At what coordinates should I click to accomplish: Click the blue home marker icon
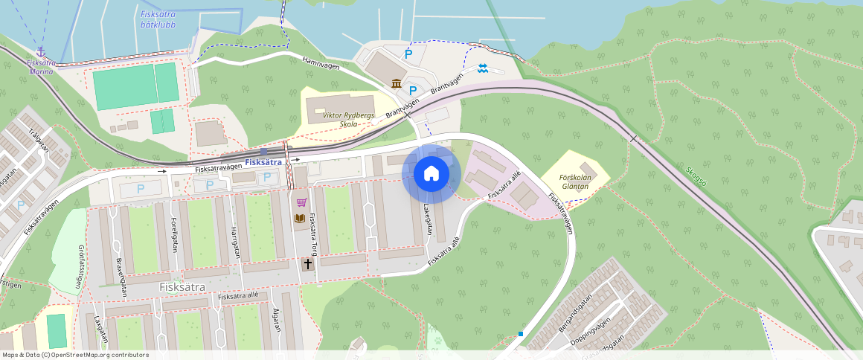pyautogui.click(x=431, y=174)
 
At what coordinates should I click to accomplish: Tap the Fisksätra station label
pyautogui.click(x=263, y=161)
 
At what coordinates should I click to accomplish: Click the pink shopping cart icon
pyautogui.click(x=301, y=202)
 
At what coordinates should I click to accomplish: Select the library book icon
pyautogui.click(x=299, y=218)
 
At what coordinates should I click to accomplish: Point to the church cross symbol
pyautogui.click(x=307, y=263)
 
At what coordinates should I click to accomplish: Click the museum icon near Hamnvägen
pyautogui.click(x=397, y=83)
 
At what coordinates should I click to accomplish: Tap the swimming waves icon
pyautogui.click(x=483, y=68)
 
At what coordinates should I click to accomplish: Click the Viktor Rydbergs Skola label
pyautogui.click(x=350, y=120)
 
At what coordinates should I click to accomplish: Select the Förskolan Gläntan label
pyautogui.click(x=575, y=181)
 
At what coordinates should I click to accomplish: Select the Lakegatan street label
pyautogui.click(x=428, y=219)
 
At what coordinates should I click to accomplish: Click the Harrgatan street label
pyautogui.click(x=236, y=242)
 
